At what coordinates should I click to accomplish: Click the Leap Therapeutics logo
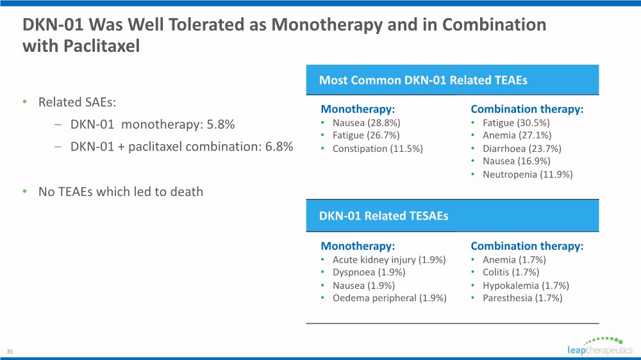[599, 346]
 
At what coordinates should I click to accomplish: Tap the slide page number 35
[10, 352]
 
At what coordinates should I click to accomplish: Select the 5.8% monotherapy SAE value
[221, 124]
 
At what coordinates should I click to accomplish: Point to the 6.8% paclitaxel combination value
[279, 146]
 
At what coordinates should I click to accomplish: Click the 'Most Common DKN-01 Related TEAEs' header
[423, 80]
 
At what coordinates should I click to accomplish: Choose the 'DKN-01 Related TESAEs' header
[383, 216]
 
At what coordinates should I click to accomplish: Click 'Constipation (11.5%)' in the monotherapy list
[378, 149]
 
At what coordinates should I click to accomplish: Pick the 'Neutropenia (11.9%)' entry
[528, 174]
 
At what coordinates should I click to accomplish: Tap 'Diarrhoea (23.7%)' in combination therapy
[522, 149]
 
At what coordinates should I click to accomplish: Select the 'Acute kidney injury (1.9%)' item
[389, 259]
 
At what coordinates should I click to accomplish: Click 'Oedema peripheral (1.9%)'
[389, 298]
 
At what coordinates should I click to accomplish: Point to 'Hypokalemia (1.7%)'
[526, 285]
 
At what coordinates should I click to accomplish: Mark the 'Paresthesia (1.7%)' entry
[522, 298]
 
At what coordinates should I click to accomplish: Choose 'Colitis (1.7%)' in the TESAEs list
[511, 272]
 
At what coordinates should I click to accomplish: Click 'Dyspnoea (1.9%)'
[369, 272]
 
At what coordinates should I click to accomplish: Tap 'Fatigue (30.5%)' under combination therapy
[516, 122]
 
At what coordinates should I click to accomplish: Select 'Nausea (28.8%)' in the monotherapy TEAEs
[366, 122]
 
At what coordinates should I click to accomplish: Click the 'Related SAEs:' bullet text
[77, 102]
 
